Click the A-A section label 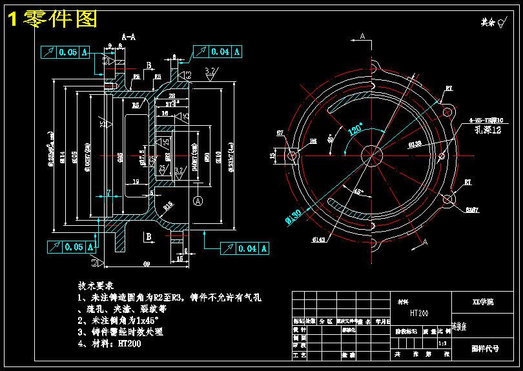[128, 37]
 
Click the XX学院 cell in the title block [483, 301]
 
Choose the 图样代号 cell [485, 348]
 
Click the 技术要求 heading [96, 285]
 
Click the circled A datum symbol [198, 201]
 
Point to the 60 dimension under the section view [147, 265]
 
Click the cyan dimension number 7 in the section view [108, 192]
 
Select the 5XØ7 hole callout [472, 209]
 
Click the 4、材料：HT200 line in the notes [110, 343]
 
